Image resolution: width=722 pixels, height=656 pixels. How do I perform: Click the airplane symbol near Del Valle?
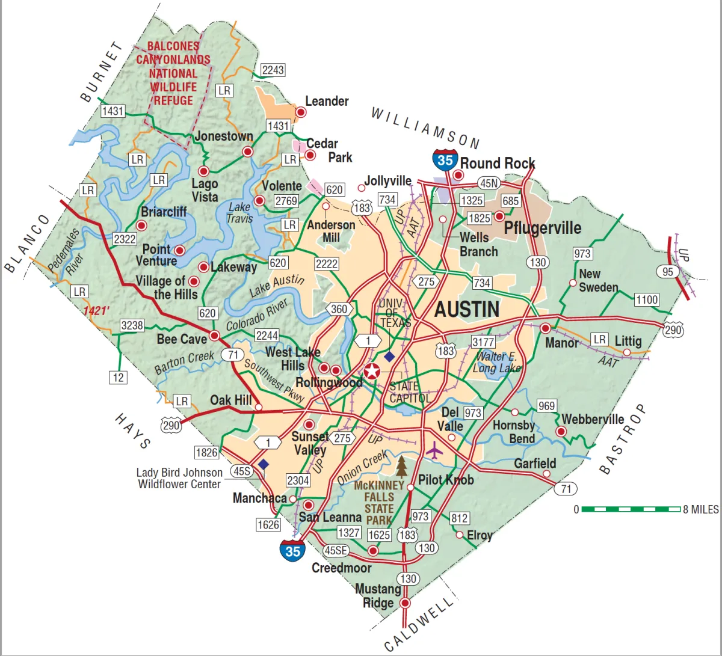click(x=434, y=449)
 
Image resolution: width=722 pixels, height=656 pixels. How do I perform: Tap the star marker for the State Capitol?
click(x=372, y=371)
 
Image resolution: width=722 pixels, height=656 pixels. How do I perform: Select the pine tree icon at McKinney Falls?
click(x=401, y=466)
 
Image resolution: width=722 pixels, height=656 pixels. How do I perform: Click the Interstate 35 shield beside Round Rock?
click(x=445, y=159)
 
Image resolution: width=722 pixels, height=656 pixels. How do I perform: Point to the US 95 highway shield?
click(x=668, y=272)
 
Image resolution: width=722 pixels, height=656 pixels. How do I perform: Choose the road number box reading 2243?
click(x=273, y=70)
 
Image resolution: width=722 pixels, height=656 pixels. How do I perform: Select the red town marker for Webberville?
click(x=561, y=431)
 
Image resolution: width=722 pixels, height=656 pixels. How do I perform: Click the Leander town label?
click(x=327, y=101)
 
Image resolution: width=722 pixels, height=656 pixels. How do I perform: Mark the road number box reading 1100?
click(x=647, y=299)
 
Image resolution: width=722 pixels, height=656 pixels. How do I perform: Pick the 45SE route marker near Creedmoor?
click(x=336, y=550)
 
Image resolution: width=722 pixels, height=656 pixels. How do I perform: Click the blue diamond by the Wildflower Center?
click(x=264, y=464)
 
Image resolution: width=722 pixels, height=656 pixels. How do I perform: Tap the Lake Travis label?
click(x=239, y=213)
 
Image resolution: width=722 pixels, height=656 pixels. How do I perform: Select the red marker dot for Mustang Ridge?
click(x=405, y=602)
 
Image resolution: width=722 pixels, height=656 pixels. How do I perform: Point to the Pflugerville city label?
click(x=542, y=228)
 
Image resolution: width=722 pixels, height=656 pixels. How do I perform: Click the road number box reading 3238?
click(x=132, y=325)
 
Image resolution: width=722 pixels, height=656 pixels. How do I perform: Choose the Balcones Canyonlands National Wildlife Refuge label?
click(x=173, y=73)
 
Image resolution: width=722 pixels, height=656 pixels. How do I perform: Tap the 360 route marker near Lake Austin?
click(x=339, y=309)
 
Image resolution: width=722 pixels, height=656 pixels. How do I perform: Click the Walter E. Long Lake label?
click(x=496, y=362)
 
